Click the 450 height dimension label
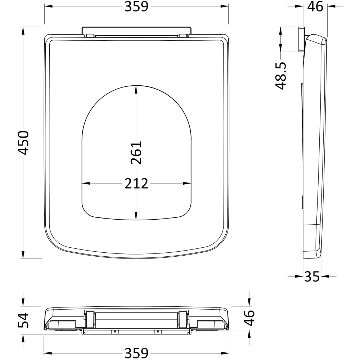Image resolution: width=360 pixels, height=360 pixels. (23, 143)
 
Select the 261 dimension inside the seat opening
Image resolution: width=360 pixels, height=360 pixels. (136, 152)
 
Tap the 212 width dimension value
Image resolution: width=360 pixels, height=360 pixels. (136, 184)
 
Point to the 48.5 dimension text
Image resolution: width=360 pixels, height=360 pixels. (281, 76)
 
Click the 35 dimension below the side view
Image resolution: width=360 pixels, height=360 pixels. (312, 276)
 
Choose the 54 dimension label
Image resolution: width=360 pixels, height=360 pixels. (23, 320)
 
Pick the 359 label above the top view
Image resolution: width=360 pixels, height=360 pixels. (136, 6)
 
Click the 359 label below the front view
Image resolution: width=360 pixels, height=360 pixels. (136, 353)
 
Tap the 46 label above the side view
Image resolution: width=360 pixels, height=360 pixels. (315, 6)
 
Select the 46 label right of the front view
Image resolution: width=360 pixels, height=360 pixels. (249, 318)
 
